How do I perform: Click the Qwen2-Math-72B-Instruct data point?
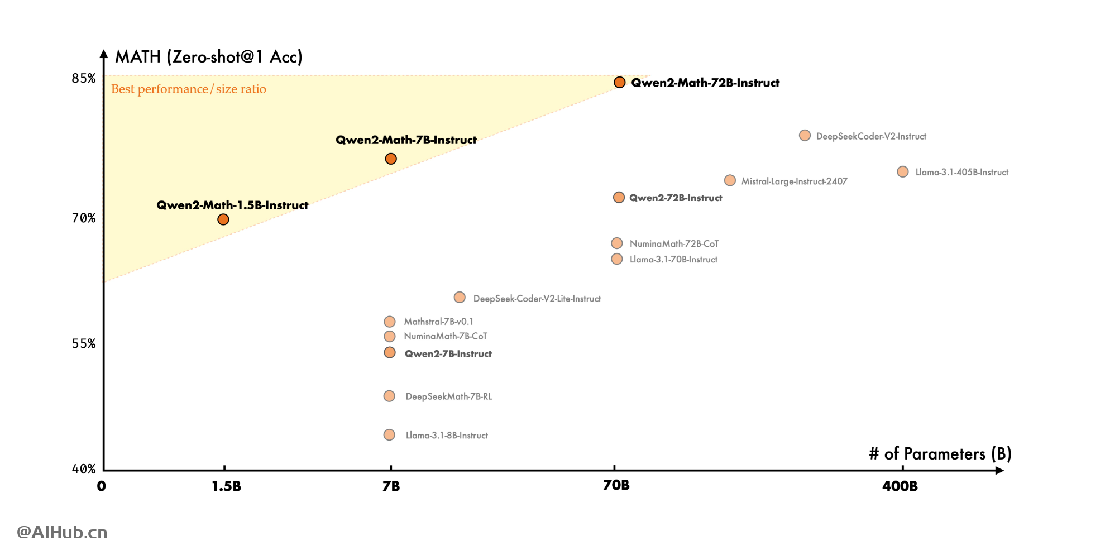[619, 83]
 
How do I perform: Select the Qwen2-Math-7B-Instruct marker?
[391, 159]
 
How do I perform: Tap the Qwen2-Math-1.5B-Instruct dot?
[223, 219]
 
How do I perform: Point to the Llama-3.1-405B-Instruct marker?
[902, 172]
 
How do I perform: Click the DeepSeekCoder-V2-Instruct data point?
[805, 136]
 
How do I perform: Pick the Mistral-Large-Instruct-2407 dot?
[730, 180]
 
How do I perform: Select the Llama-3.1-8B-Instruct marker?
[390, 435]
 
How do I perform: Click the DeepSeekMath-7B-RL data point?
[390, 396]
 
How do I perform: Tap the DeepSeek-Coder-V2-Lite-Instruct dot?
[460, 298]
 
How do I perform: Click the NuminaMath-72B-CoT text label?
[674, 244]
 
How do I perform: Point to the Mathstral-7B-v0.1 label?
[438, 322]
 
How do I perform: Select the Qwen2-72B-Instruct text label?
[676, 198]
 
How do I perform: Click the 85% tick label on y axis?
[84, 79]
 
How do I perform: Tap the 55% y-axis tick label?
[84, 344]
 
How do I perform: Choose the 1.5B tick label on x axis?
[226, 486]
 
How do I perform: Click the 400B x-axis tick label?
[900, 486]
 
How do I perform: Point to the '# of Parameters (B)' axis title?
[940, 454]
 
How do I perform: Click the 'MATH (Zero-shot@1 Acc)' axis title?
[208, 57]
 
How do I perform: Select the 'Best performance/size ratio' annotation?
[189, 89]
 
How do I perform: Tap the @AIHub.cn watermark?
[62, 532]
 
